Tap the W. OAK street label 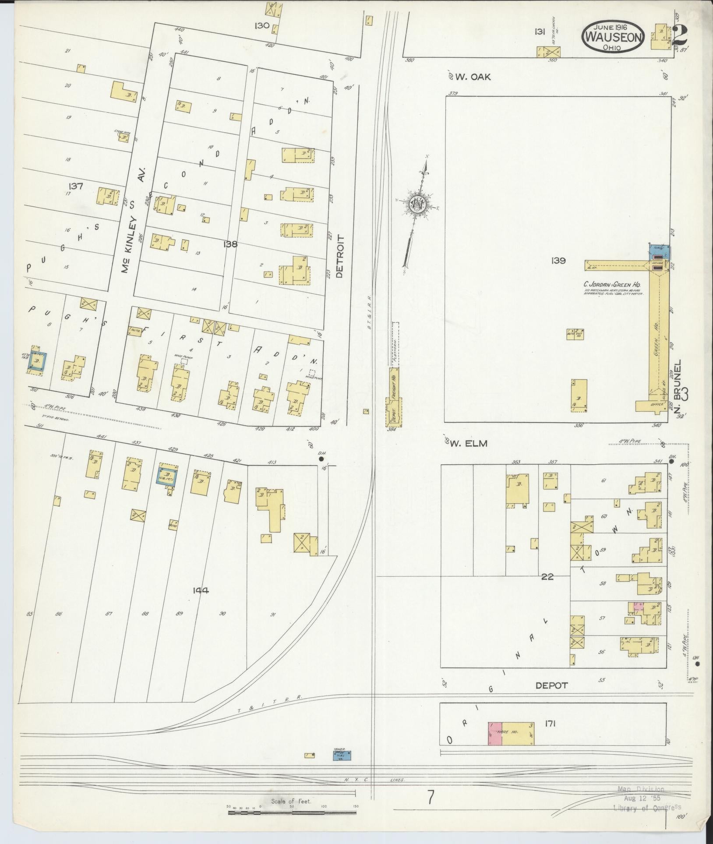[x=473, y=77]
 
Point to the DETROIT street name [x=340, y=256]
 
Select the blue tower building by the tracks [x=341, y=755]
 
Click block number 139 [x=558, y=261]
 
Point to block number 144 [x=201, y=590]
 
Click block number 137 [x=76, y=186]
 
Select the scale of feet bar [x=291, y=813]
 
